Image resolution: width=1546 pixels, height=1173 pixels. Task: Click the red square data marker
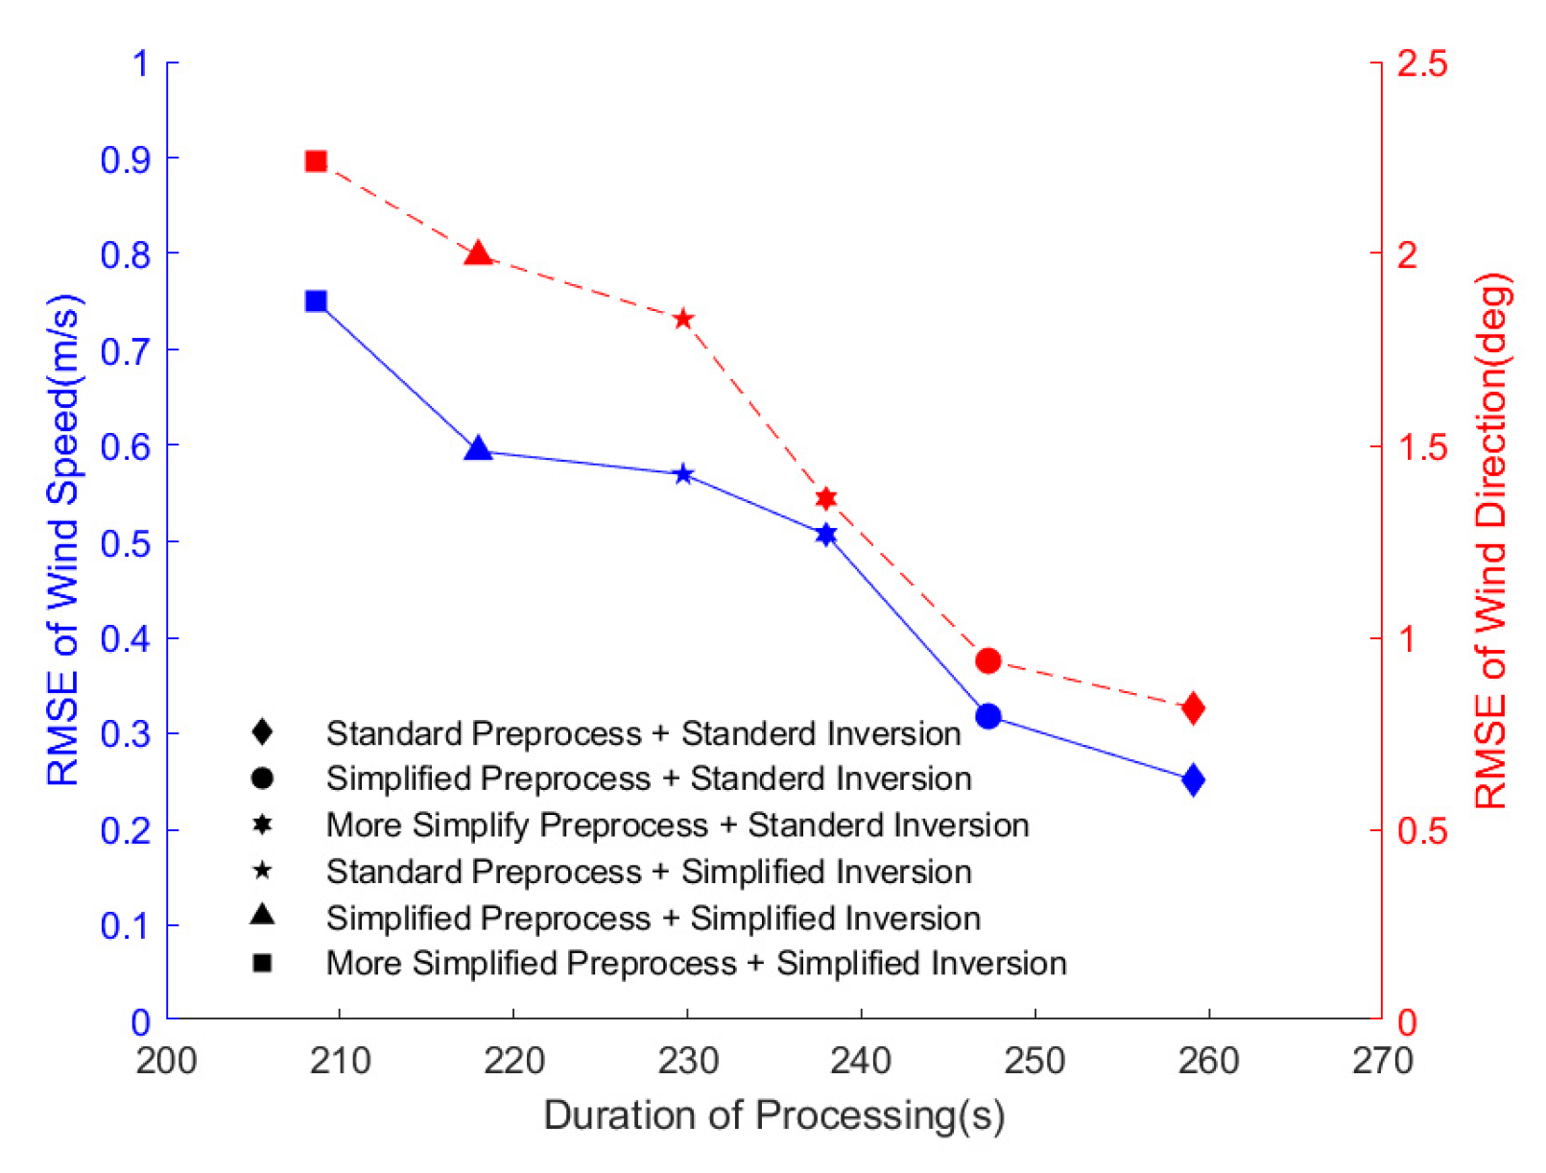pyautogui.click(x=316, y=161)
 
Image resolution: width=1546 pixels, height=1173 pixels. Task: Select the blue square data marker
pyautogui.click(x=316, y=301)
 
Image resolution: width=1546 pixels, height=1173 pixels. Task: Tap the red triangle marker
pyautogui.click(x=478, y=255)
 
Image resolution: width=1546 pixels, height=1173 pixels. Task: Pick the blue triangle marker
pyautogui.click(x=478, y=449)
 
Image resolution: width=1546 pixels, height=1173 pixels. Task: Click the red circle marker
pyautogui.click(x=987, y=660)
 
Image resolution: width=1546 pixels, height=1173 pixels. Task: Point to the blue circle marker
pyautogui.click(x=987, y=716)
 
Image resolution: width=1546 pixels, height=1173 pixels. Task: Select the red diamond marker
pyautogui.click(x=1193, y=708)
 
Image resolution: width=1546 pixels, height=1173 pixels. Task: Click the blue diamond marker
pyautogui.click(x=1193, y=779)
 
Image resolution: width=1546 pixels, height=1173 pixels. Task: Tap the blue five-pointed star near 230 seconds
pyautogui.click(x=683, y=474)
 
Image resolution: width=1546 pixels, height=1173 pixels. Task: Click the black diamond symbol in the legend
pyautogui.click(x=261, y=732)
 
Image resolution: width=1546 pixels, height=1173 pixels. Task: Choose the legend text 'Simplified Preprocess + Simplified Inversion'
pyautogui.click(x=653, y=918)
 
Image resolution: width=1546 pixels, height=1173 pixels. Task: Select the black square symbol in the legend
pyautogui.click(x=261, y=963)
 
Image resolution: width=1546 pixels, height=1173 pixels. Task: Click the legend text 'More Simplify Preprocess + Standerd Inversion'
pyautogui.click(x=677, y=825)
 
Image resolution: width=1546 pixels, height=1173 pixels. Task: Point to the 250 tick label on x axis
pyautogui.click(x=1035, y=1061)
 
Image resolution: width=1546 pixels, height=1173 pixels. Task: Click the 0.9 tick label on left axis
pyautogui.click(x=125, y=159)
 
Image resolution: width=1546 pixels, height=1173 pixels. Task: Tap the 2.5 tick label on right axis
pyautogui.click(x=1421, y=63)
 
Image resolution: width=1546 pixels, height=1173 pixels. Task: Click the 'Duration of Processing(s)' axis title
pyautogui.click(x=773, y=1115)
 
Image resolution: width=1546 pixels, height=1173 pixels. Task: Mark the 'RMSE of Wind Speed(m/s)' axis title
pyautogui.click(x=63, y=541)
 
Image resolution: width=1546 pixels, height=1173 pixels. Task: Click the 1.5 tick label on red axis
pyautogui.click(x=1421, y=446)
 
